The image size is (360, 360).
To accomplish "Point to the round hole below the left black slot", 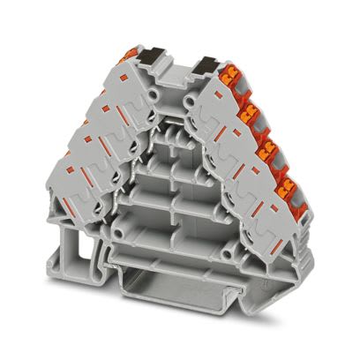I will point(154,90).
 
